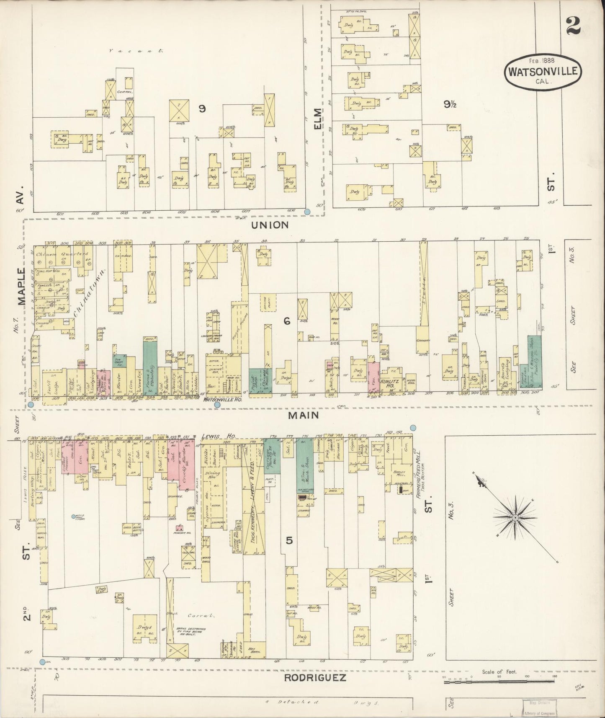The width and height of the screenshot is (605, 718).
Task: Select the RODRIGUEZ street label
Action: (x=315, y=677)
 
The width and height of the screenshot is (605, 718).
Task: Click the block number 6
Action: (x=286, y=321)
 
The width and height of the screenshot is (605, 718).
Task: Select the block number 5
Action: (x=289, y=540)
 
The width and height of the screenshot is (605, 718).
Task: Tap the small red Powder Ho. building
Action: (x=180, y=529)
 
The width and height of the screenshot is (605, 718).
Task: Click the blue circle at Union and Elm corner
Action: (x=307, y=212)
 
